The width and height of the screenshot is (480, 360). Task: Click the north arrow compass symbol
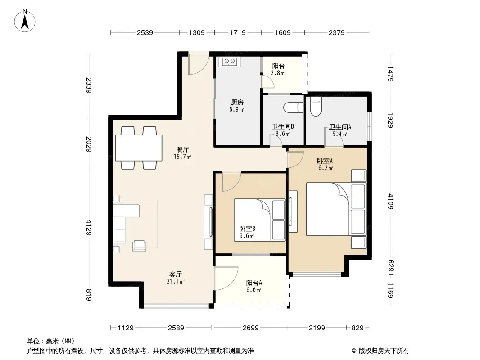click(x=25, y=21)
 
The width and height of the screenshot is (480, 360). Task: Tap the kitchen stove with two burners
click(x=230, y=62)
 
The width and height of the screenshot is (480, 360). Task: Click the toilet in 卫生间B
click(x=293, y=108)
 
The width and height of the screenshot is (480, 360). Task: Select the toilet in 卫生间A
click(x=316, y=107)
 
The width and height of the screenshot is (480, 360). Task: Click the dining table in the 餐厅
click(x=139, y=148)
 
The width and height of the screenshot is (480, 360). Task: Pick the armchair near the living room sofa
click(x=139, y=246)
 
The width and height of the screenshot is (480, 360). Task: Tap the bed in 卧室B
click(x=260, y=220)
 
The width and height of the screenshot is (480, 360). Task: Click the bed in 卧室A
click(x=336, y=209)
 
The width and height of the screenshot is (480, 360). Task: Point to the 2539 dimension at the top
click(x=145, y=32)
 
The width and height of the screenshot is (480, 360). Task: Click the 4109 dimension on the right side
click(x=390, y=202)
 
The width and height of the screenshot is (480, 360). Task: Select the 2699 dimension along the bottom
click(x=251, y=328)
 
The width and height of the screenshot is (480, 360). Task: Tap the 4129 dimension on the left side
click(x=89, y=228)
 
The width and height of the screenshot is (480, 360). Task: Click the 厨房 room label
click(x=237, y=102)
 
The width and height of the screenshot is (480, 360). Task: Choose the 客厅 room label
click(x=176, y=274)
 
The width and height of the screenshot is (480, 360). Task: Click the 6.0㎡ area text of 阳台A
click(x=254, y=290)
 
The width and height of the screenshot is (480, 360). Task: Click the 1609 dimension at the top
click(x=282, y=32)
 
